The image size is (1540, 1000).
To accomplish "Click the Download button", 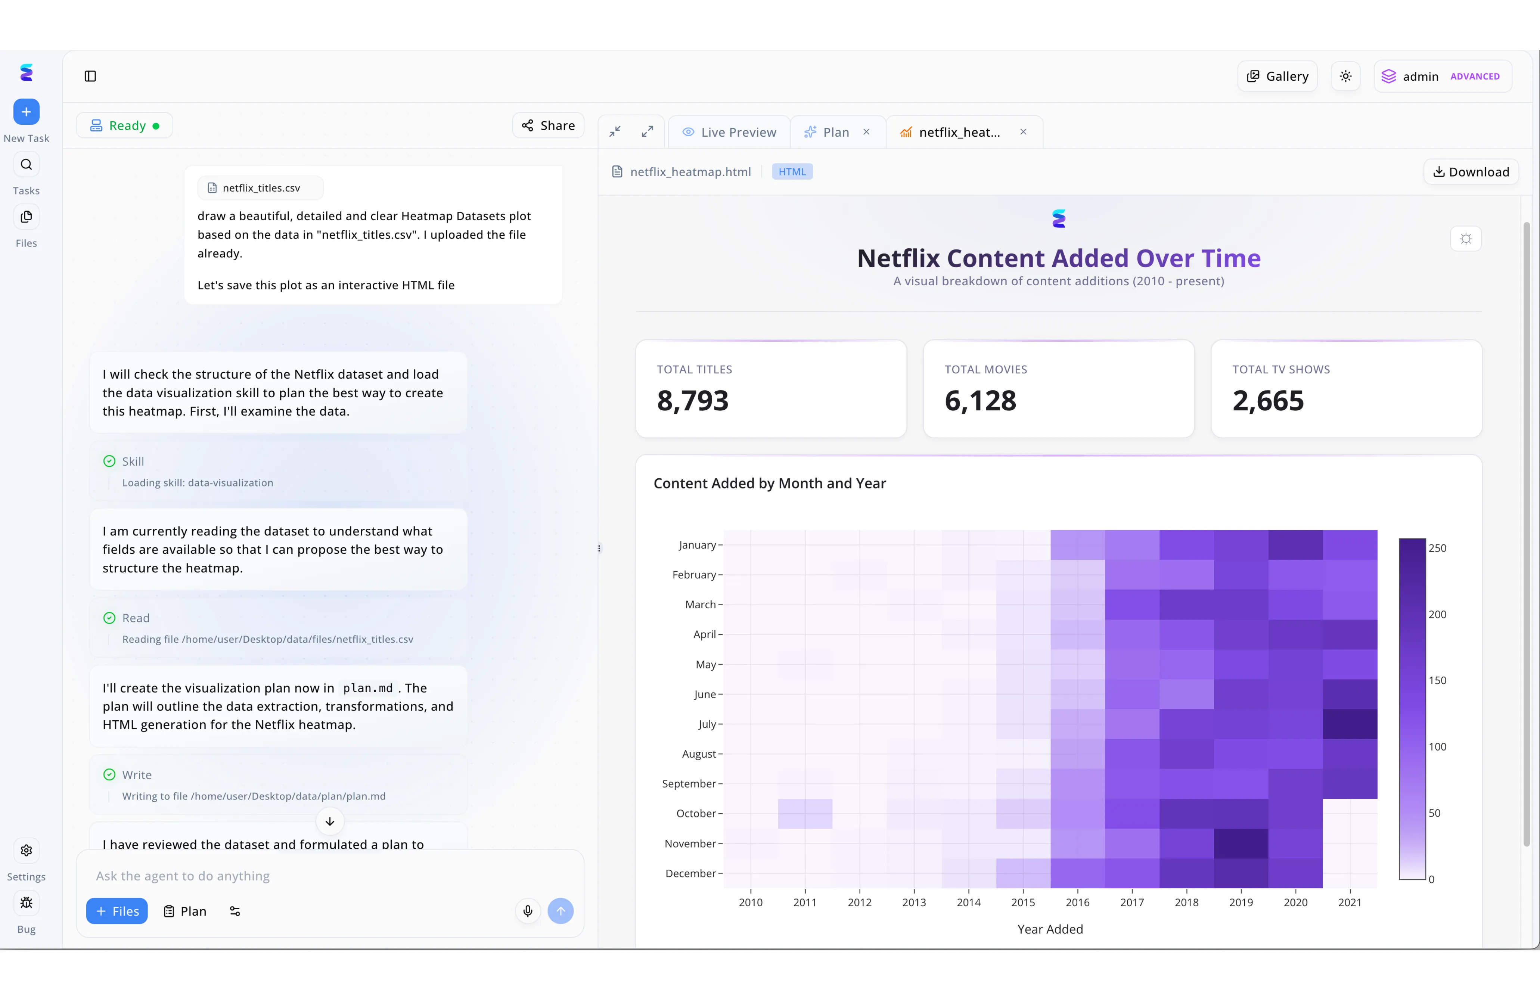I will (1471, 171).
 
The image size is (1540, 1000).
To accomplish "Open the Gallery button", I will (1277, 77).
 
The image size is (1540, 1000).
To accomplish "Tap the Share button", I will (548, 125).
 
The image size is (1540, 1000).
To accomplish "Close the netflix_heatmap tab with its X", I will (1023, 132).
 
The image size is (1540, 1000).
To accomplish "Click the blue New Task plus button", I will (27, 112).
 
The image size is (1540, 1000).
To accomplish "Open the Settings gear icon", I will (27, 851).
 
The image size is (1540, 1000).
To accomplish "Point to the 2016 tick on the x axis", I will (1077, 902).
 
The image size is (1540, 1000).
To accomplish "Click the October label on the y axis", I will (696, 814).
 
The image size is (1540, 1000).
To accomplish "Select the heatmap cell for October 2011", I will (805, 814).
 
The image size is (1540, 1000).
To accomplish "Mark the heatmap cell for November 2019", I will (1241, 844).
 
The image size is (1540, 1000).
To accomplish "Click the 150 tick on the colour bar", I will (1437, 680).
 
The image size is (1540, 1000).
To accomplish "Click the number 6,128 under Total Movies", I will (980, 401).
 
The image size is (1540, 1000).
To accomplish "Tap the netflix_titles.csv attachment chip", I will (260, 188).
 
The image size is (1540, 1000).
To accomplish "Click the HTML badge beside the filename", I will (792, 171).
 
